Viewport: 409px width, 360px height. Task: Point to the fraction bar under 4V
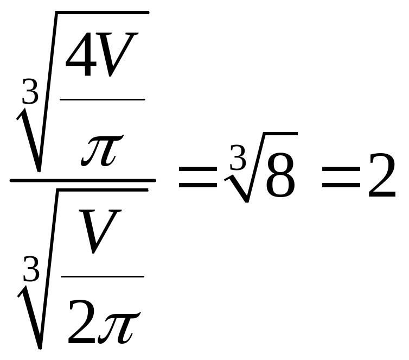tap(102, 99)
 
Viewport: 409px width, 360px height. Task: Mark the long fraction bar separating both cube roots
tap(82, 180)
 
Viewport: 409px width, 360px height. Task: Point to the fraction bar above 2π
tap(102, 276)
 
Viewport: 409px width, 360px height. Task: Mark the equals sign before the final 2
tap(340, 179)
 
